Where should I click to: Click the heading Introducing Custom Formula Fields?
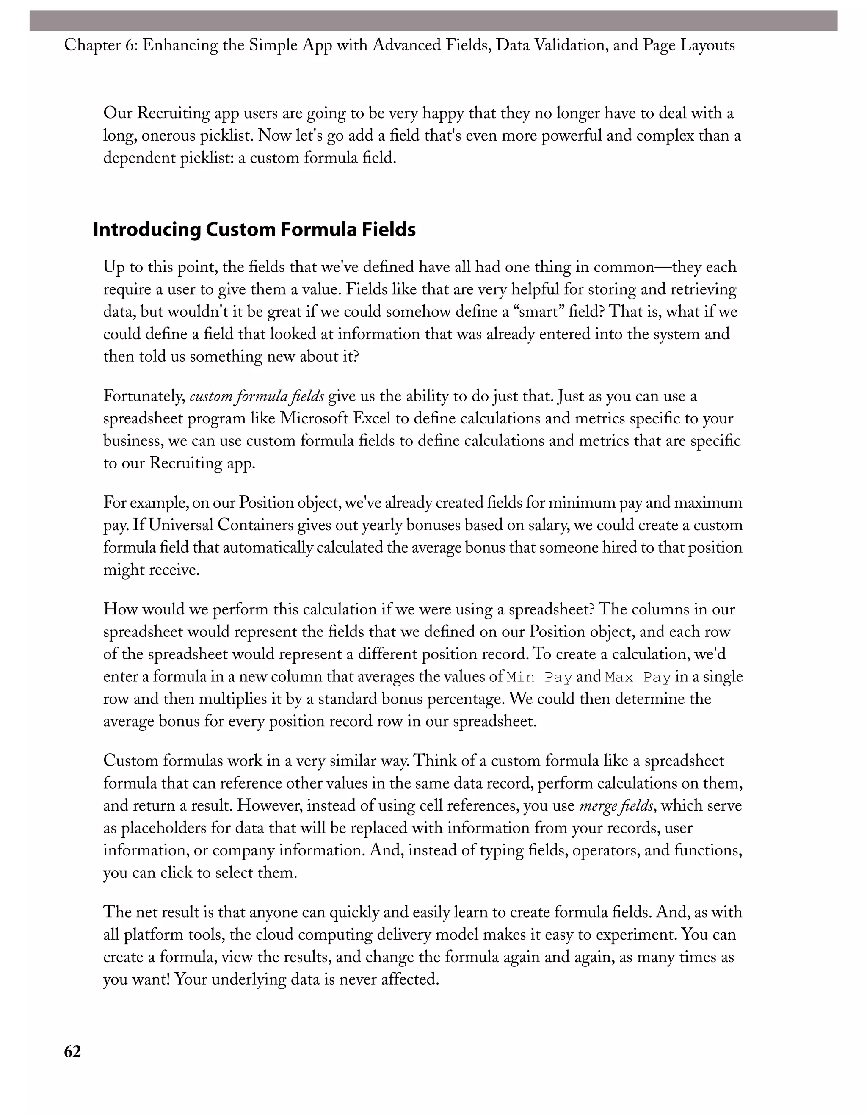(x=254, y=230)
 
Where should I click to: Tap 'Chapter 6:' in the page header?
(x=100, y=45)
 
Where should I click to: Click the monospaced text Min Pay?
(x=540, y=678)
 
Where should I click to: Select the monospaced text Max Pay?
(x=638, y=678)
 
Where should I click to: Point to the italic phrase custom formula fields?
(x=257, y=396)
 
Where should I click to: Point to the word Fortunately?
(x=144, y=397)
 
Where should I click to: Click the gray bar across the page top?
(x=433, y=21)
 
